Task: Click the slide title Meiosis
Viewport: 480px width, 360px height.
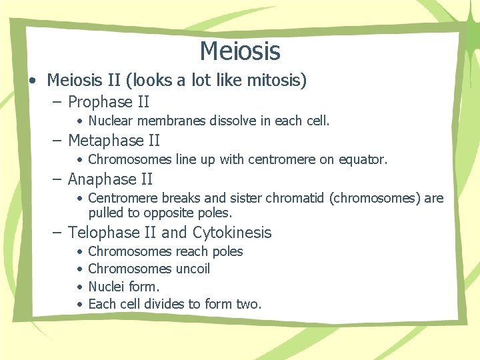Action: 239,51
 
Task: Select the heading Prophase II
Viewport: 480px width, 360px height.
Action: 109,102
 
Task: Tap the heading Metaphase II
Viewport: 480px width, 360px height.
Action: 114,141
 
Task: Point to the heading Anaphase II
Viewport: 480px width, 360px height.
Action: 110,179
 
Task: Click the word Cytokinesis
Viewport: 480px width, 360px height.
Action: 232,233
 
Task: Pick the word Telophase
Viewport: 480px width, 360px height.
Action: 101,233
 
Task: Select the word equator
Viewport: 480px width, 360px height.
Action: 363,160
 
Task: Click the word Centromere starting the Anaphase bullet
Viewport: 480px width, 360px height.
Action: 121,199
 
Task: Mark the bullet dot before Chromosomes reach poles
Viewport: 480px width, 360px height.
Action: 79,252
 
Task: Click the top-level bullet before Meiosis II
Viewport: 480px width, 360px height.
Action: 32,81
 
